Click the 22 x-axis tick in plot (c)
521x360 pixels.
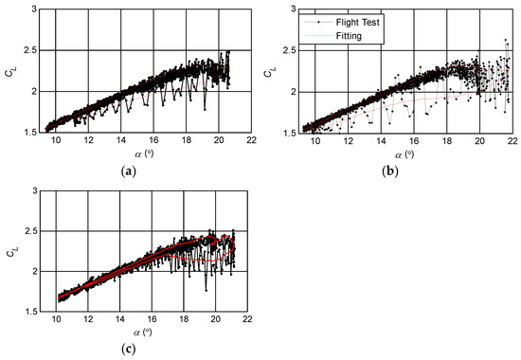click(x=249, y=320)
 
